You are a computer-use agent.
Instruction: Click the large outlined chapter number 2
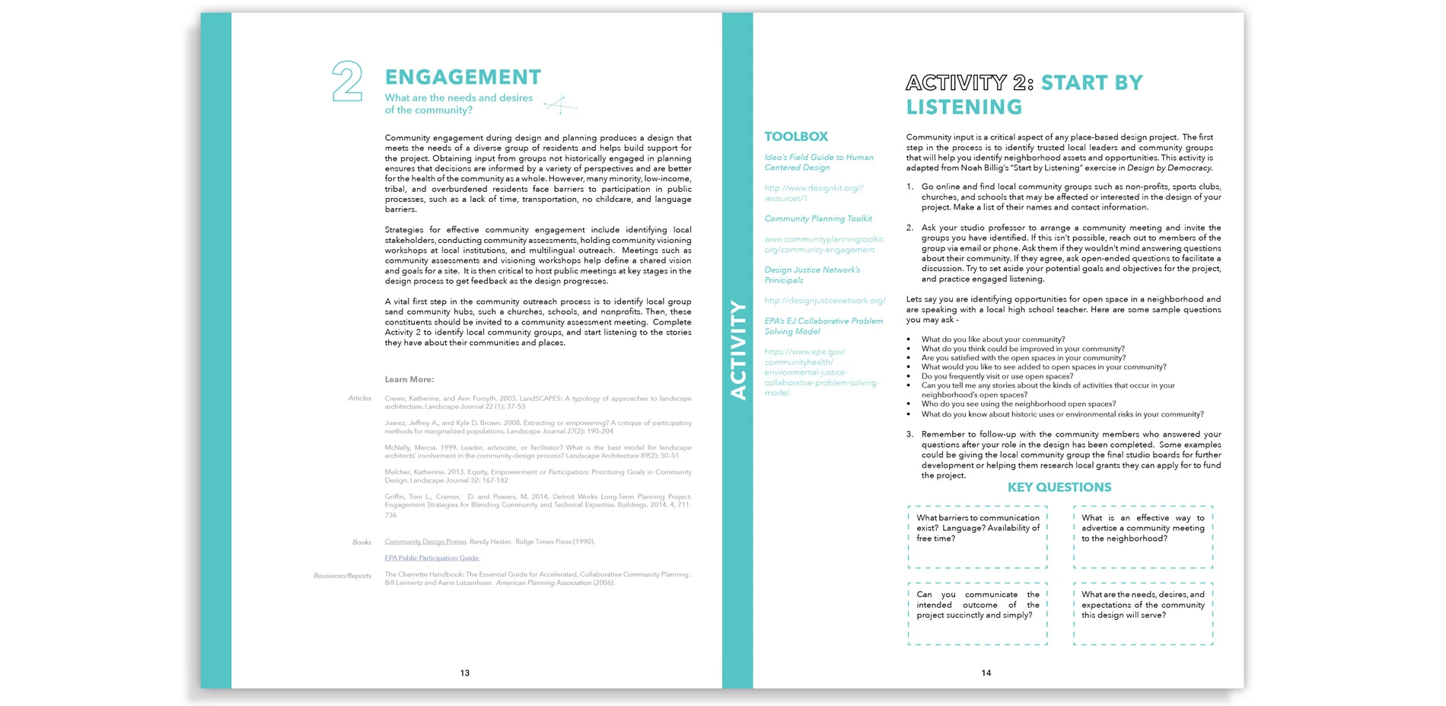[347, 82]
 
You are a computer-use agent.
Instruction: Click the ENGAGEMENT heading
[463, 77]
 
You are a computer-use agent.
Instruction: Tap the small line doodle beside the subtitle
[560, 104]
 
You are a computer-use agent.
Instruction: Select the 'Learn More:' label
[409, 379]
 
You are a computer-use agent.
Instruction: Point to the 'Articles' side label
[359, 398]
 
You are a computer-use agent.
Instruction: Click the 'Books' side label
[361, 542]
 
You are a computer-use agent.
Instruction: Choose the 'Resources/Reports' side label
[342, 576]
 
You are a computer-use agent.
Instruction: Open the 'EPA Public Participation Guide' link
[432, 558]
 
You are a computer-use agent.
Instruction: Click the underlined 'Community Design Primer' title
[425, 541]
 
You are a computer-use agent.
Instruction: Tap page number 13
[465, 673]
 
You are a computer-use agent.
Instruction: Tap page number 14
[986, 673]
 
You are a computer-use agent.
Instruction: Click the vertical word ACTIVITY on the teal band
[738, 350]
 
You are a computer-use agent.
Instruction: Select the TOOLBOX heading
[796, 136]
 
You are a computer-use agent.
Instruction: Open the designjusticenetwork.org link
[825, 301]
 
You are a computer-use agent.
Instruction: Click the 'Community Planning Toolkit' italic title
[818, 219]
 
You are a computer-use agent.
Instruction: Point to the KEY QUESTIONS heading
[1059, 487]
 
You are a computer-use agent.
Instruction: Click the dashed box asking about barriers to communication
[977, 537]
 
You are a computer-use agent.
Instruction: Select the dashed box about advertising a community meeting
[1143, 537]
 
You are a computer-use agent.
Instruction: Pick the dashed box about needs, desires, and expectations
[1143, 614]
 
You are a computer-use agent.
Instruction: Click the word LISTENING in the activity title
[964, 107]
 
